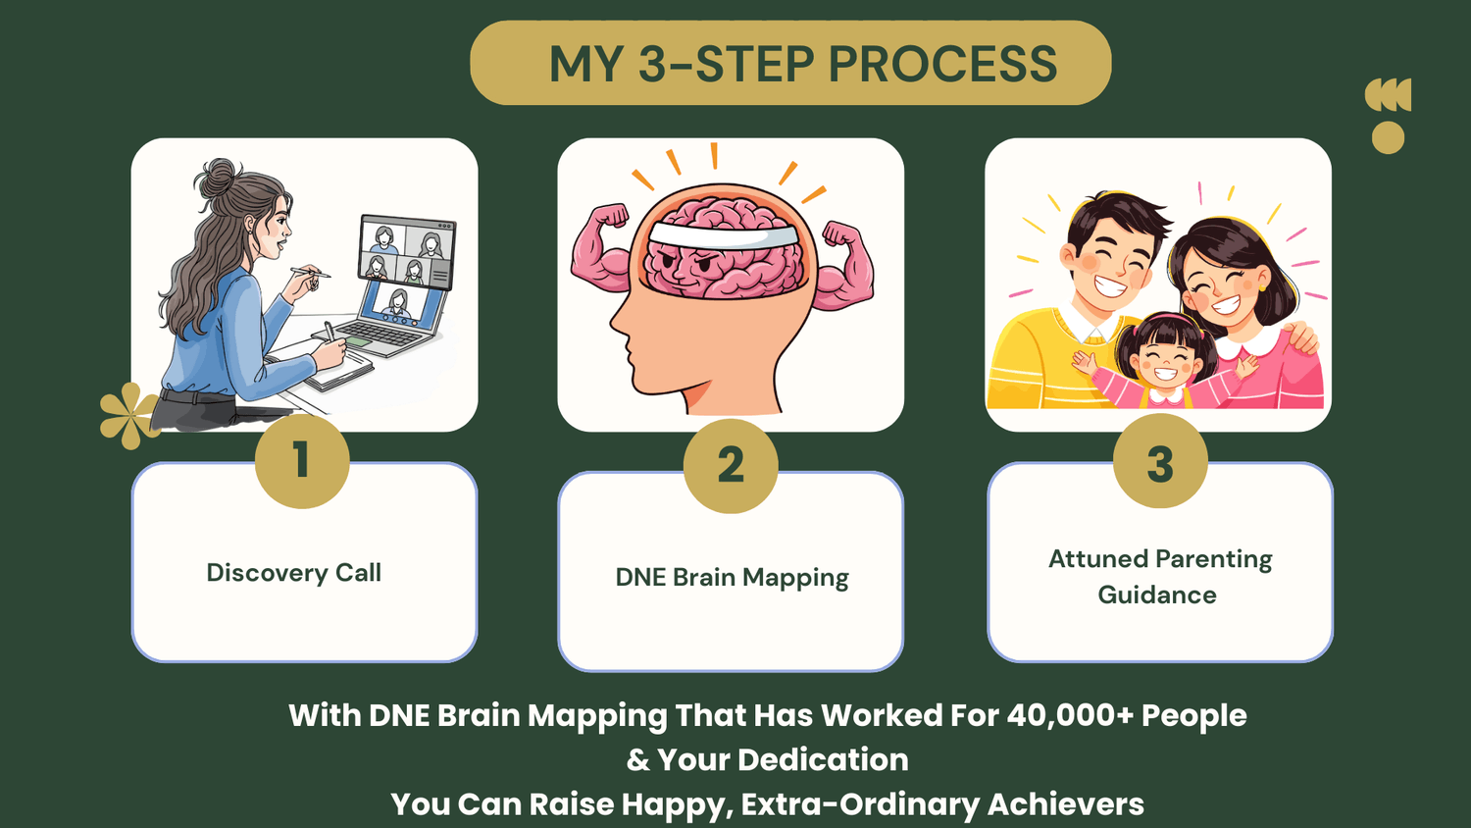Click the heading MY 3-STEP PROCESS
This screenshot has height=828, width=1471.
tap(802, 64)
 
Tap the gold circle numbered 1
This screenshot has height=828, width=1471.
tap(302, 460)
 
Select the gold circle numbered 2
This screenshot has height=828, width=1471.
tap(731, 465)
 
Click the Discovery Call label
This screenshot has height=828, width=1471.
tap(293, 573)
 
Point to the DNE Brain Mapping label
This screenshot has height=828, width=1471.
tap(732, 578)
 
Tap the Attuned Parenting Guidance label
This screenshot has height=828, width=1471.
tap(1159, 577)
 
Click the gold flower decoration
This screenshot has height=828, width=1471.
tap(128, 415)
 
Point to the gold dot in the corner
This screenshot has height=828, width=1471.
tap(1388, 137)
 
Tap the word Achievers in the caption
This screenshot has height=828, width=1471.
tap(1065, 804)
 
